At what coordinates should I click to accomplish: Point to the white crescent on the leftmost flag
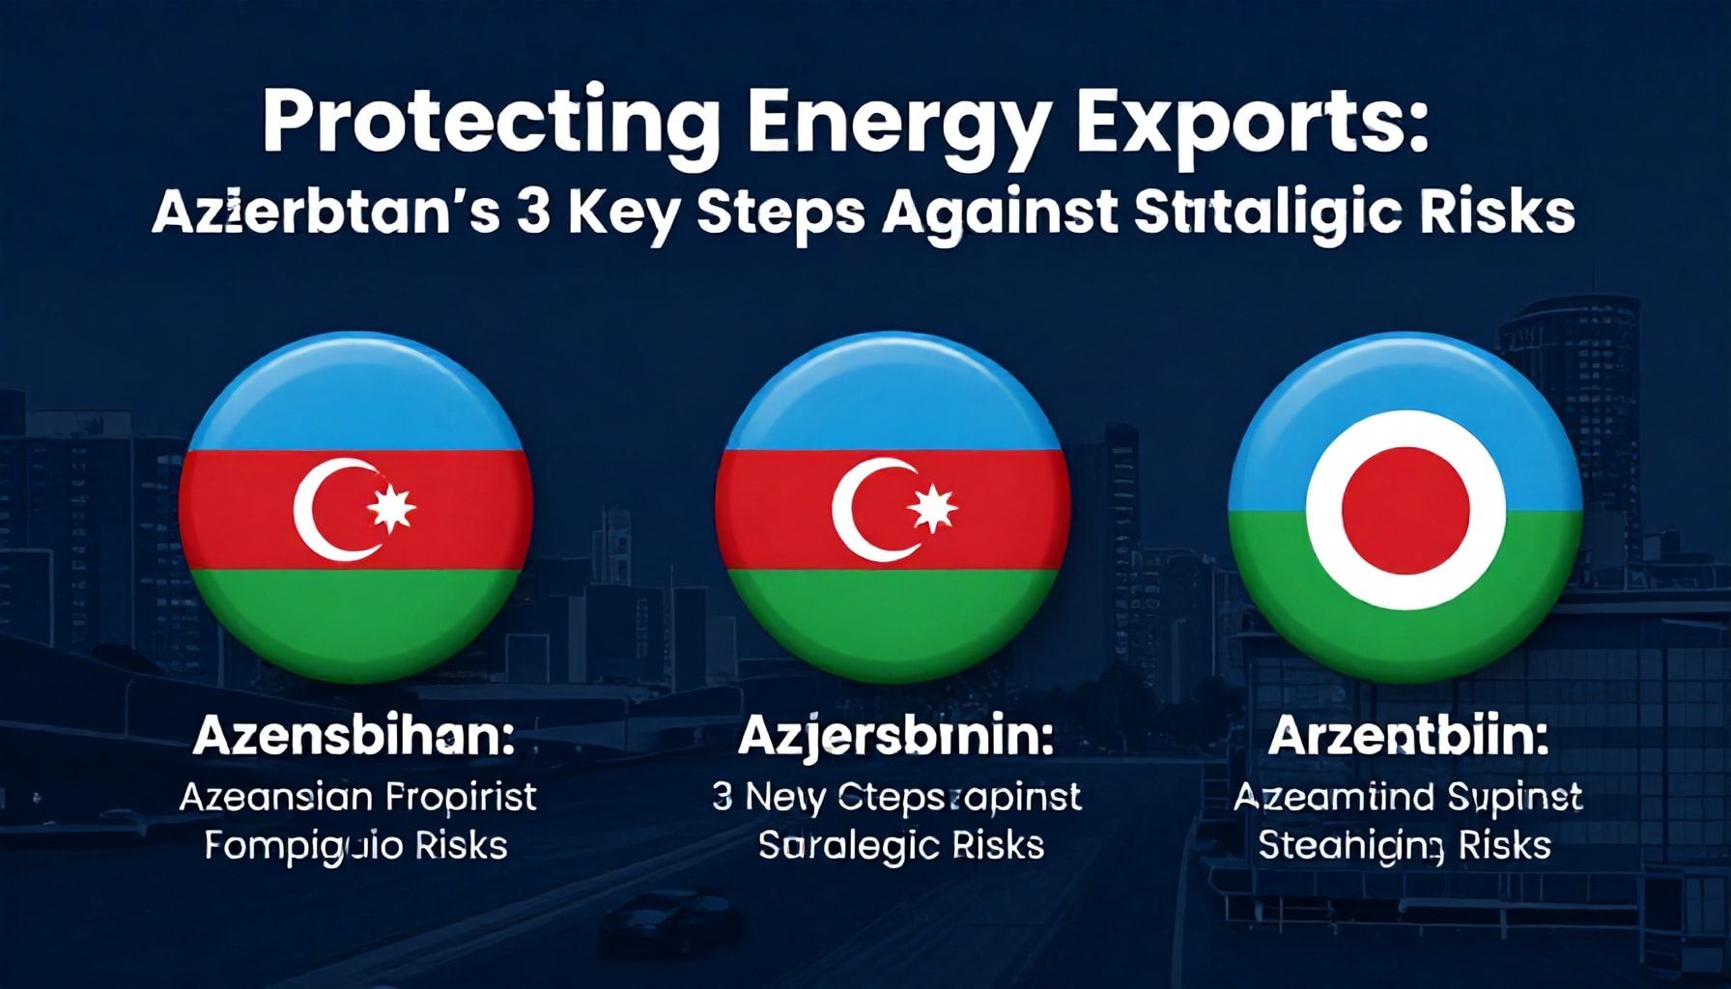(324, 510)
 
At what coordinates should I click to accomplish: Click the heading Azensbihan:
(354, 738)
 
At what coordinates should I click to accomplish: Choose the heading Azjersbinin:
(894, 738)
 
